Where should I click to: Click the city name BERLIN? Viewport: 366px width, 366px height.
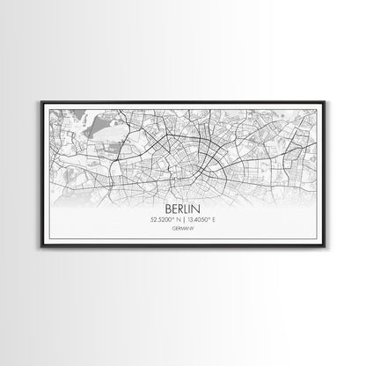click(182, 213)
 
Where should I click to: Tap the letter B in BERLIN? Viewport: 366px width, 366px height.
click(167, 213)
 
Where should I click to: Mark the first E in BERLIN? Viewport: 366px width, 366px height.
click(172, 213)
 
